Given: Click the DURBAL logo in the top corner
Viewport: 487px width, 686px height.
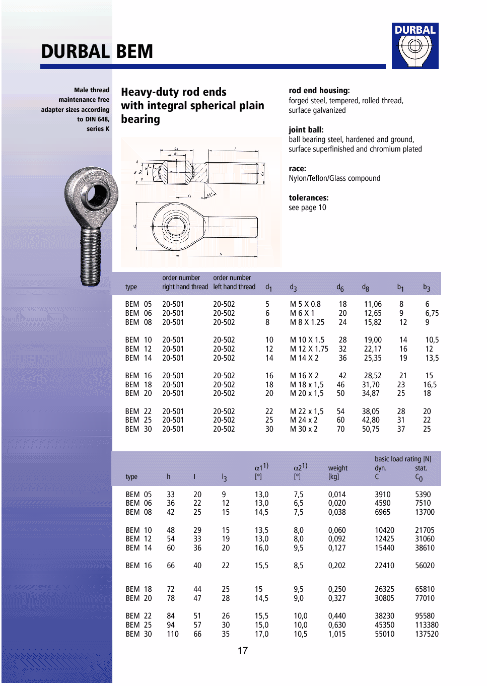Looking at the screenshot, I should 415,45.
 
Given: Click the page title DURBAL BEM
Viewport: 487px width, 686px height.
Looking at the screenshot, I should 97,52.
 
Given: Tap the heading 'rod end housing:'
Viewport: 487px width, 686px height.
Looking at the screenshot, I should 319,91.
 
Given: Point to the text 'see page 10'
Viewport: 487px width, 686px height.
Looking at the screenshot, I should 307,208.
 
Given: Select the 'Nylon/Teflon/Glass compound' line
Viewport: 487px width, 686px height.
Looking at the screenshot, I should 334,178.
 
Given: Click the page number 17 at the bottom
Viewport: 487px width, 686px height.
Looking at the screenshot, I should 243,650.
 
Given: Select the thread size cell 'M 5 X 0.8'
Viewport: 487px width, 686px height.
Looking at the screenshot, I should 305,304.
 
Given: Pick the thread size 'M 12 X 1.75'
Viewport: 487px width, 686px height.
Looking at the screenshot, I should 309,349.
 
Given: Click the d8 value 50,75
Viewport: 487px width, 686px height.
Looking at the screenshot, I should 371,429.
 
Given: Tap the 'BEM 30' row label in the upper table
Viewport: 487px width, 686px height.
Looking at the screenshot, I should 138,429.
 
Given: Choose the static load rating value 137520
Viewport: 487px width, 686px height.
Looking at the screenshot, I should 427,634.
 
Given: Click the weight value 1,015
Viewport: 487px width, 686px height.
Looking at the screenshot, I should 337,634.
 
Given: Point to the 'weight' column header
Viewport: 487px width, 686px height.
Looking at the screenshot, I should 337,468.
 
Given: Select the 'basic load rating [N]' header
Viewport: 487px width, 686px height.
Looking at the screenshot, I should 403,459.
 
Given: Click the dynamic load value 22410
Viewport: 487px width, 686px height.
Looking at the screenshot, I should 384,566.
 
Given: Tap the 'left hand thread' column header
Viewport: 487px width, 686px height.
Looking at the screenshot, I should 234,287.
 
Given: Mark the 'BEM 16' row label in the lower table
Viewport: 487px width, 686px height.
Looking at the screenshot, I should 138,566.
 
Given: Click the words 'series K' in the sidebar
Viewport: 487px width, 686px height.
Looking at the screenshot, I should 98,129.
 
